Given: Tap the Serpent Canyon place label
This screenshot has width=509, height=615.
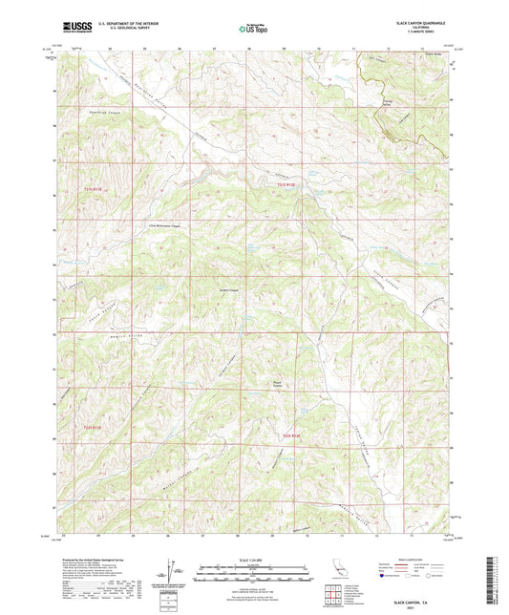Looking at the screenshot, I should pos(252,291).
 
